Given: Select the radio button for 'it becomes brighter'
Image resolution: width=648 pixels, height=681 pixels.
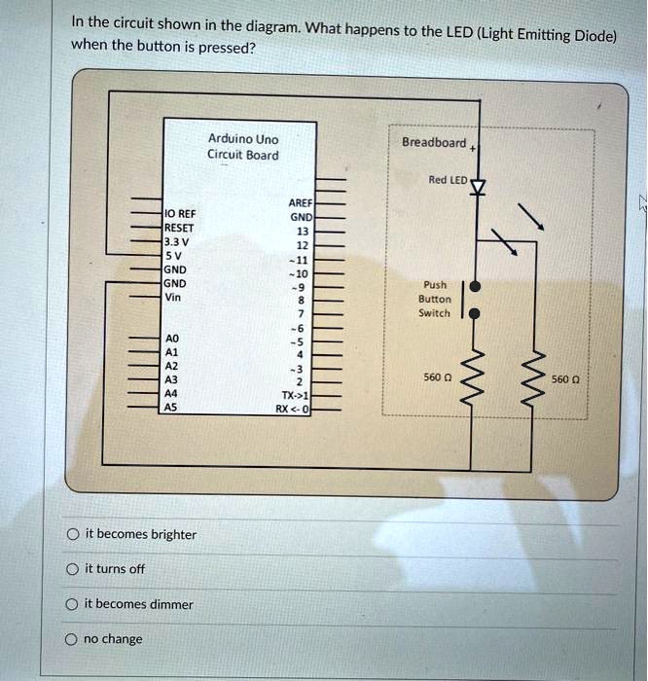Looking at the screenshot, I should pyautogui.click(x=72, y=534).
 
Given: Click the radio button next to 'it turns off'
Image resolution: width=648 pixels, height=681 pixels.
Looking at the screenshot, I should pyautogui.click(x=72, y=569).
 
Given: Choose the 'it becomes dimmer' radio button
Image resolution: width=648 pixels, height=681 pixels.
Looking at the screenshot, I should pyautogui.click(x=72, y=604).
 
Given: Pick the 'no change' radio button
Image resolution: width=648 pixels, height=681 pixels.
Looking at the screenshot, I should pyautogui.click(x=72, y=639).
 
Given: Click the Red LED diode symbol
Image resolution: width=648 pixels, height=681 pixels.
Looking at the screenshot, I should pyautogui.click(x=477, y=187).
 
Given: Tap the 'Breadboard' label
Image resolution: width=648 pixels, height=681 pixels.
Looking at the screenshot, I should pyautogui.click(x=434, y=142).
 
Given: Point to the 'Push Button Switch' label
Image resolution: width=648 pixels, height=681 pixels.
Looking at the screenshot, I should pyautogui.click(x=434, y=300).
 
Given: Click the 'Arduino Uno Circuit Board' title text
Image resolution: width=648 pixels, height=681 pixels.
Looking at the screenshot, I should pyautogui.click(x=242, y=147).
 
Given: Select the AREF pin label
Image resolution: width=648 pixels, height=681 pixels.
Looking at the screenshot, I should pyautogui.click(x=301, y=202).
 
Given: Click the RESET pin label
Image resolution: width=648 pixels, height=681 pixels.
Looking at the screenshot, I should pyautogui.click(x=179, y=226).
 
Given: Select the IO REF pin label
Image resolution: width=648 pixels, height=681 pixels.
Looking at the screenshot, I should pyautogui.click(x=180, y=212).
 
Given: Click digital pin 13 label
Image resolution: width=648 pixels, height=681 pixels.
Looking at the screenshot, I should pyautogui.click(x=303, y=232).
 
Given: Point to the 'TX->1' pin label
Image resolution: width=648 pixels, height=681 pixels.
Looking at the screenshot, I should pyautogui.click(x=295, y=397).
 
